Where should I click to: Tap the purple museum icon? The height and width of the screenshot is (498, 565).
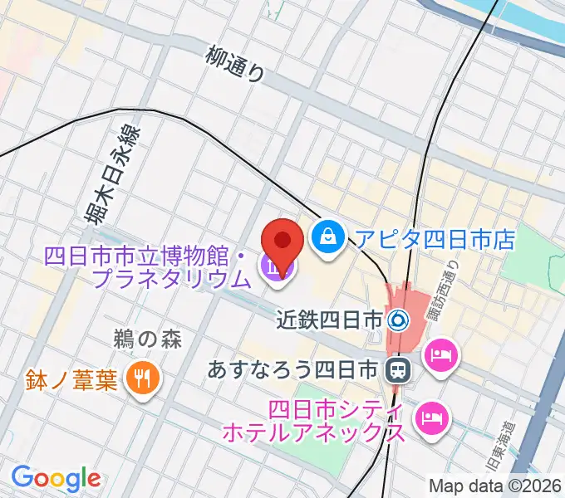(273, 267)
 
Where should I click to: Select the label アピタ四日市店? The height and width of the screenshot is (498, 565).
(435, 239)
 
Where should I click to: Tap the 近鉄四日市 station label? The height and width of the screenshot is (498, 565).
(331, 319)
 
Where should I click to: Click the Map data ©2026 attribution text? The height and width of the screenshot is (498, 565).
(495, 485)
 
